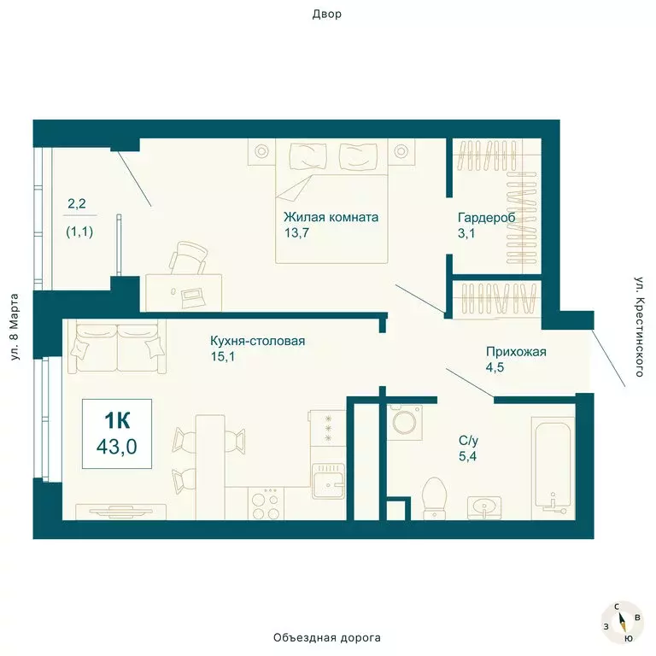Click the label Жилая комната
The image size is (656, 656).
[x=331, y=217]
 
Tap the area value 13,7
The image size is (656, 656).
[x=298, y=232]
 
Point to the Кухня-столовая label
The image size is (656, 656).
[x=258, y=342]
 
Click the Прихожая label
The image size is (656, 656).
[x=515, y=352]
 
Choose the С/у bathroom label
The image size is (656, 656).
[x=468, y=440]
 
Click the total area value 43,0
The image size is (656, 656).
[x=118, y=445]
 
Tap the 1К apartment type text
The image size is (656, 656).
[x=117, y=420]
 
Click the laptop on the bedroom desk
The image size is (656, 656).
[x=190, y=296]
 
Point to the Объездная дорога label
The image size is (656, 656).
[x=327, y=638]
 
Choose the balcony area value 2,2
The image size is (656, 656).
[x=77, y=204]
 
